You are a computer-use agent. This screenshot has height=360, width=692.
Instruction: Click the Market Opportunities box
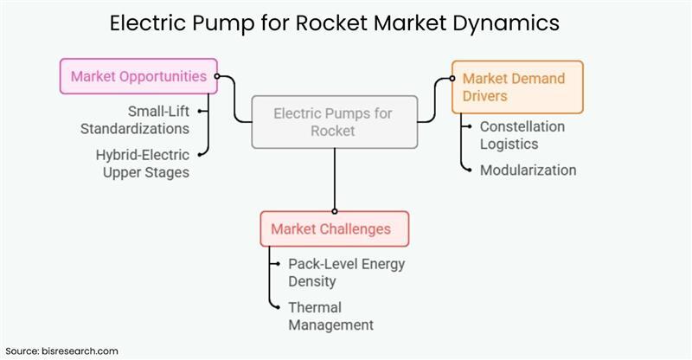pos(138,76)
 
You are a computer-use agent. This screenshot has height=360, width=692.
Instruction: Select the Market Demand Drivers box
pos(517,87)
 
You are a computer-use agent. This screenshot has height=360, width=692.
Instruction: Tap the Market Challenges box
pos(334,228)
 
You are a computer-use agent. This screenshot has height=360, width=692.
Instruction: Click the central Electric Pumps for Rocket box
pos(334,121)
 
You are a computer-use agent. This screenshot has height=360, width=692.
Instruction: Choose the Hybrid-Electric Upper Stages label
pos(142,163)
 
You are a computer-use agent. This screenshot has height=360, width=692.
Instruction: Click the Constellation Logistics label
pos(522,135)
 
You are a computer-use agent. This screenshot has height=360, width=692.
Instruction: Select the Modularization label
pos(528,170)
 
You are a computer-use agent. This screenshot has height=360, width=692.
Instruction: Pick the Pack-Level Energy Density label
pos(346,273)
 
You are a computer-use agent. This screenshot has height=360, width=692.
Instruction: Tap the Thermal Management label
pos(330,316)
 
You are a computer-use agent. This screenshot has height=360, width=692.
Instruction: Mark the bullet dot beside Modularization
pos(465,170)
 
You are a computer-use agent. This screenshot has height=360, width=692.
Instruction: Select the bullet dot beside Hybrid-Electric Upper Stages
pos(202,155)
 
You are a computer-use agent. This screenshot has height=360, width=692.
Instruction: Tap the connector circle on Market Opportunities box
pos(217,76)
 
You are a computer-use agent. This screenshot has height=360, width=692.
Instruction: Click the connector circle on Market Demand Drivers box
pos(451,78)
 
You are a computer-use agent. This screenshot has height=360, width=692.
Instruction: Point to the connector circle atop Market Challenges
pos(334,210)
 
